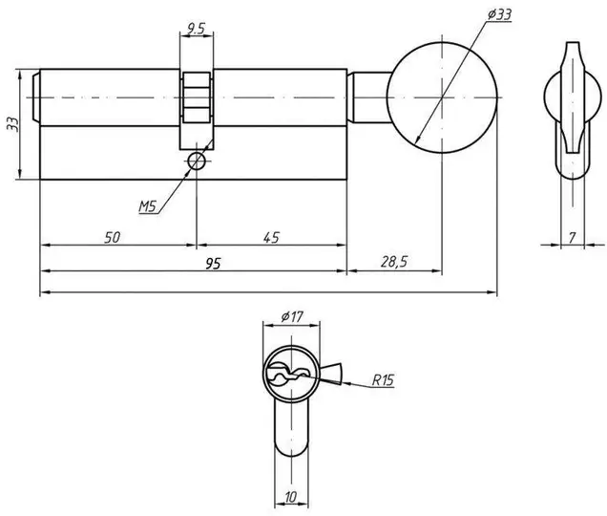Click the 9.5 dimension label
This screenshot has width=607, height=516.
pyautogui.click(x=196, y=28)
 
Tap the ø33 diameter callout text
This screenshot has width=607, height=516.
pyautogui.click(x=499, y=14)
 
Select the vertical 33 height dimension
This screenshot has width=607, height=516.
pyautogui.click(x=12, y=124)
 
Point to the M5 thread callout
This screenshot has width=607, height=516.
pyautogui.click(x=148, y=205)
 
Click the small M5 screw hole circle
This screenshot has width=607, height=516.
pyautogui.click(x=197, y=161)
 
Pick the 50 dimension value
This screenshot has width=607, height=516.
pyautogui.click(x=113, y=237)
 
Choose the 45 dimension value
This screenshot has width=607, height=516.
pyautogui.click(x=271, y=237)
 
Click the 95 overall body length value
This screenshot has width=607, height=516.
pyautogui.click(x=213, y=264)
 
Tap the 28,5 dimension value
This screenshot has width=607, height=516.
pyautogui.click(x=394, y=262)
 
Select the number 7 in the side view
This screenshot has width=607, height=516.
pyautogui.click(x=573, y=237)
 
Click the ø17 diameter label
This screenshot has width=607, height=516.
pyautogui.click(x=292, y=317)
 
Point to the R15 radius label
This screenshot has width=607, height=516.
pyautogui.click(x=383, y=380)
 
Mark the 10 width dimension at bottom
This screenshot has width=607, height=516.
pyautogui.click(x=291, y=497)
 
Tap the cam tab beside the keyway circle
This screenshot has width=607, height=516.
pyautogui.click(x=330, y=374)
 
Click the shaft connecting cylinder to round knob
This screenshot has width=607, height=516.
pyautogui.click(x=370, y=97)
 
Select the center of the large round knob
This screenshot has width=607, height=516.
pyautogui.click(x=442, y=97)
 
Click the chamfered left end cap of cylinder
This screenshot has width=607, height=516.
pyautogui.click(x=35, y=97)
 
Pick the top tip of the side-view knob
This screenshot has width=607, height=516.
pyautogui.click(x=573, y=42)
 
